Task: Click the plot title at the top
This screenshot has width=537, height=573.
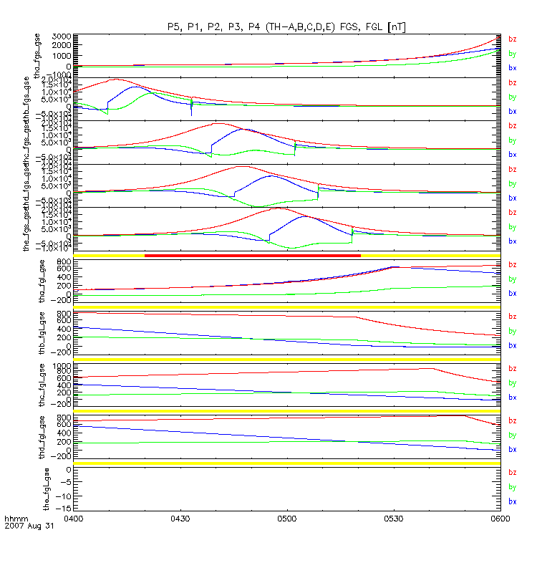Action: (286, 27)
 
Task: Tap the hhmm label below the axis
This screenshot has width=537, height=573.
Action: (16, 518)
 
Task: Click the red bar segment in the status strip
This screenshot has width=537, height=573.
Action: (252, 255)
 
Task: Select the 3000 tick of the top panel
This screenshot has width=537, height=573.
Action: (61, 36)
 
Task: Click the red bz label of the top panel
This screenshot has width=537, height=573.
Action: (512, 39)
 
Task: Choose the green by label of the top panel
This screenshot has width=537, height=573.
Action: (512, 53)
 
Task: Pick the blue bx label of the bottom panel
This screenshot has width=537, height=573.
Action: (512, 501)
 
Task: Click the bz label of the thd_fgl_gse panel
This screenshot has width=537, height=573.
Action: (512, 421)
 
